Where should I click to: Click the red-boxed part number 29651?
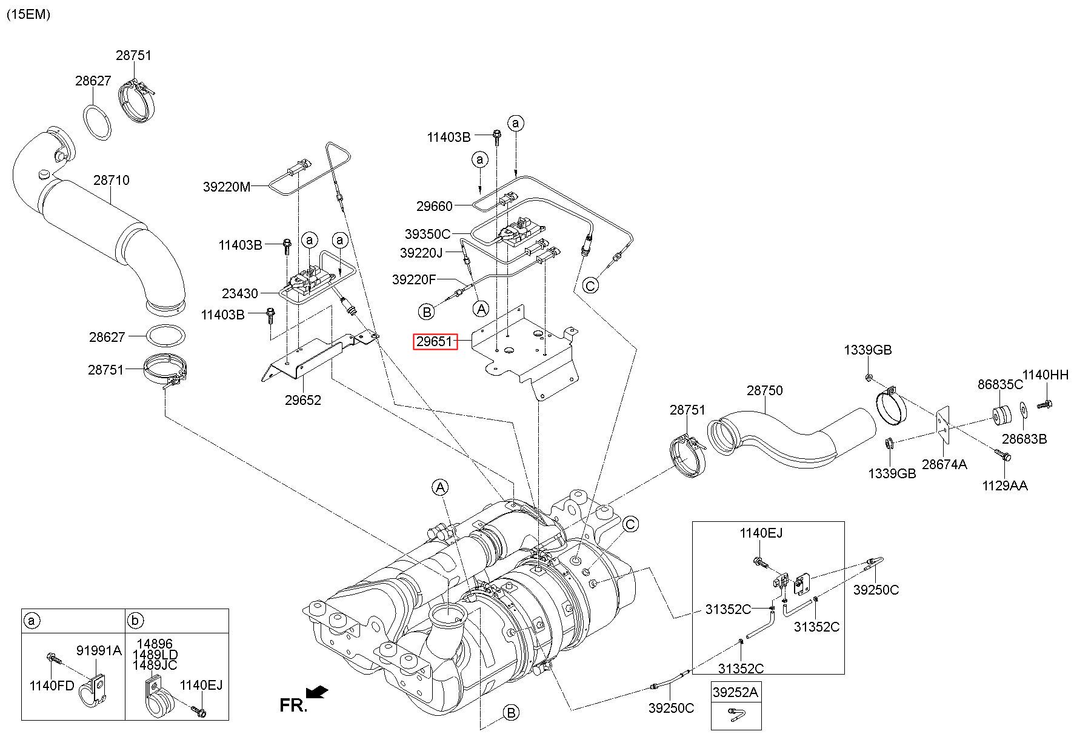(x=433, y=341)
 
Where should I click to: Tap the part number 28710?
(x=111, y=180)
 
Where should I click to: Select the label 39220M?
(x=227, y=187)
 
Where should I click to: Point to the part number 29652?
(x=303, y=400)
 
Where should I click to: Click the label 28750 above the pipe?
(x=764, y=390)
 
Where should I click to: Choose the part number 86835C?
(x=1000, y=384)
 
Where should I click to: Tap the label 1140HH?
(x=1046, y=375)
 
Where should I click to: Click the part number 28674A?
(x=944, y=464)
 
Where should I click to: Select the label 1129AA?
(x=1005, y=485)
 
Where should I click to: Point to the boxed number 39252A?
(x=736, y=692)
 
